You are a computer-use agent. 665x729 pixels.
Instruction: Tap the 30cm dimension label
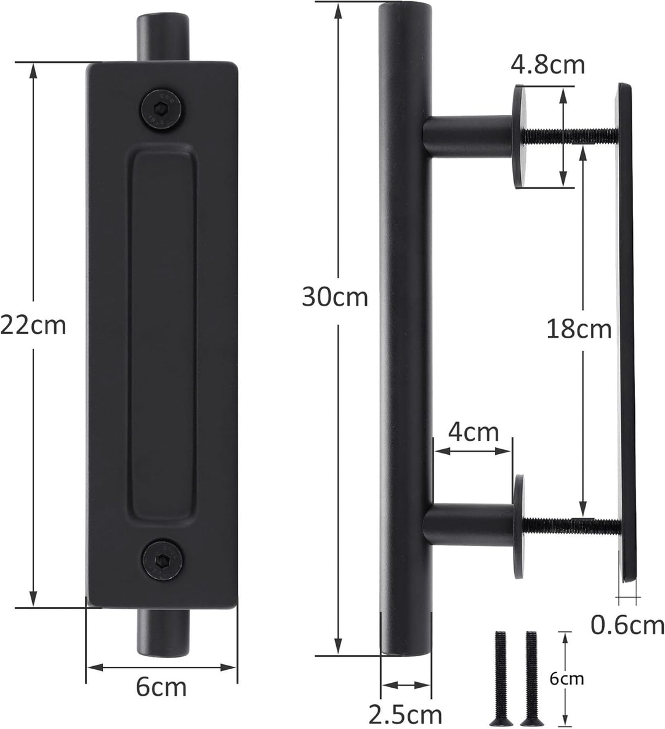334,297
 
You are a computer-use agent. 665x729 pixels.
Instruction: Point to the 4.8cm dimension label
547,64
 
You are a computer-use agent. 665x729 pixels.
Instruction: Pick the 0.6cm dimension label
627,625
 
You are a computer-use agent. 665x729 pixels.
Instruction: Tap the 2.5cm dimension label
405,715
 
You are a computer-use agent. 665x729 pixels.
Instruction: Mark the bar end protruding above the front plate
162,36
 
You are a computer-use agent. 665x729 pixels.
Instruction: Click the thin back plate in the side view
627,333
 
